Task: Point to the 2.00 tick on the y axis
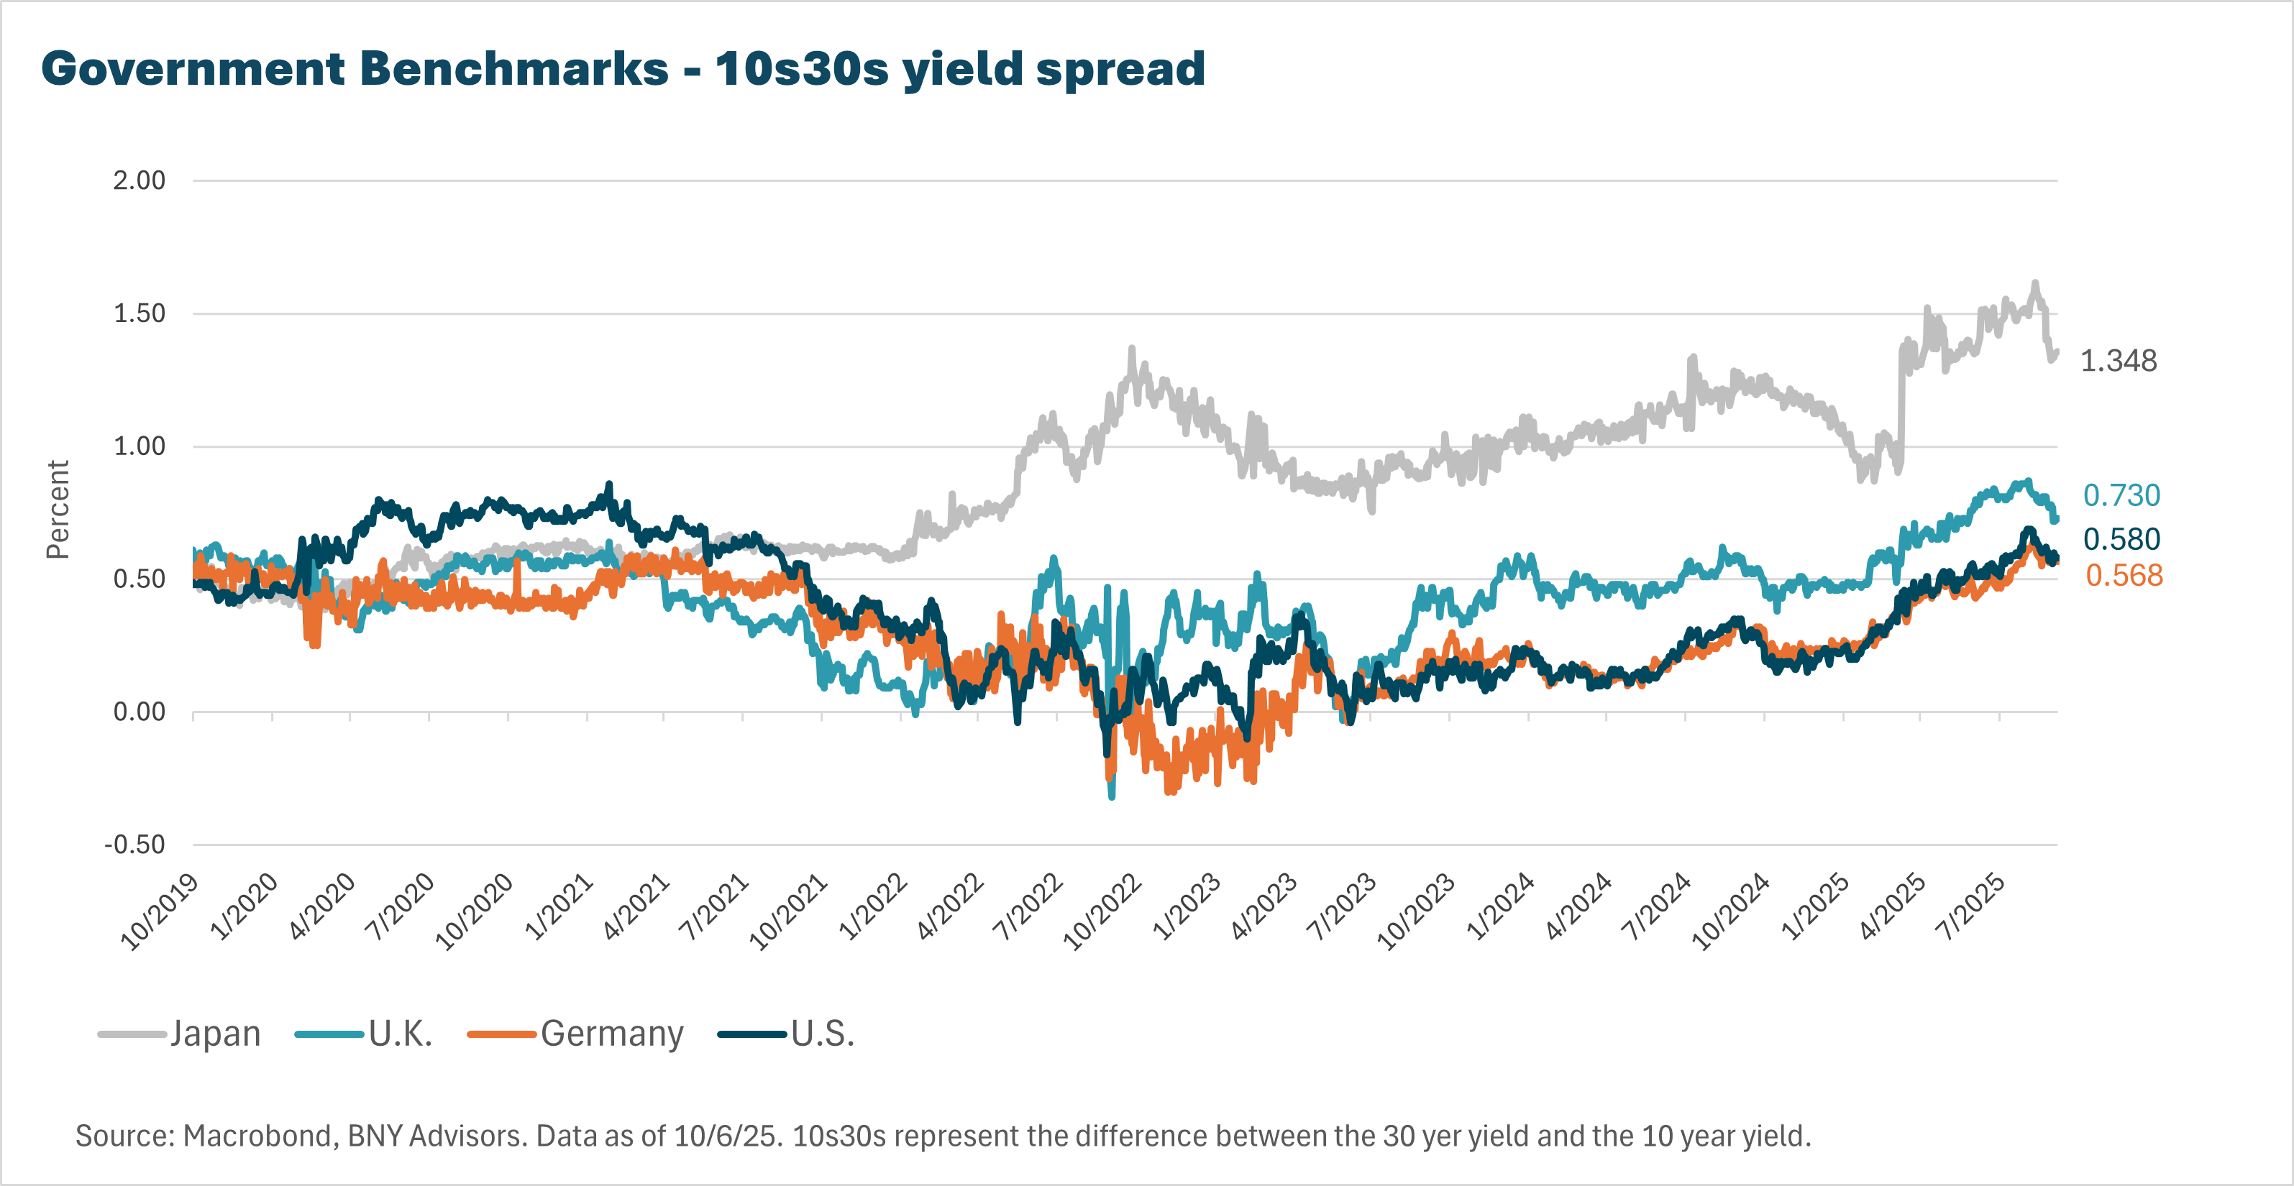tap(139, 180)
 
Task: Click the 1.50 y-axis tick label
tap(139, 313)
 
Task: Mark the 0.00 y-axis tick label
tap(139, 712)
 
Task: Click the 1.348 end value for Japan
tap(2118, 361)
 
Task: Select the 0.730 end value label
tap(2121, 495)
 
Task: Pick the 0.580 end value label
tap(2121, 538)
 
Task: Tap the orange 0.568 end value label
tap(2124, 575)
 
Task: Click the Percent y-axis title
tap(58, 510)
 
